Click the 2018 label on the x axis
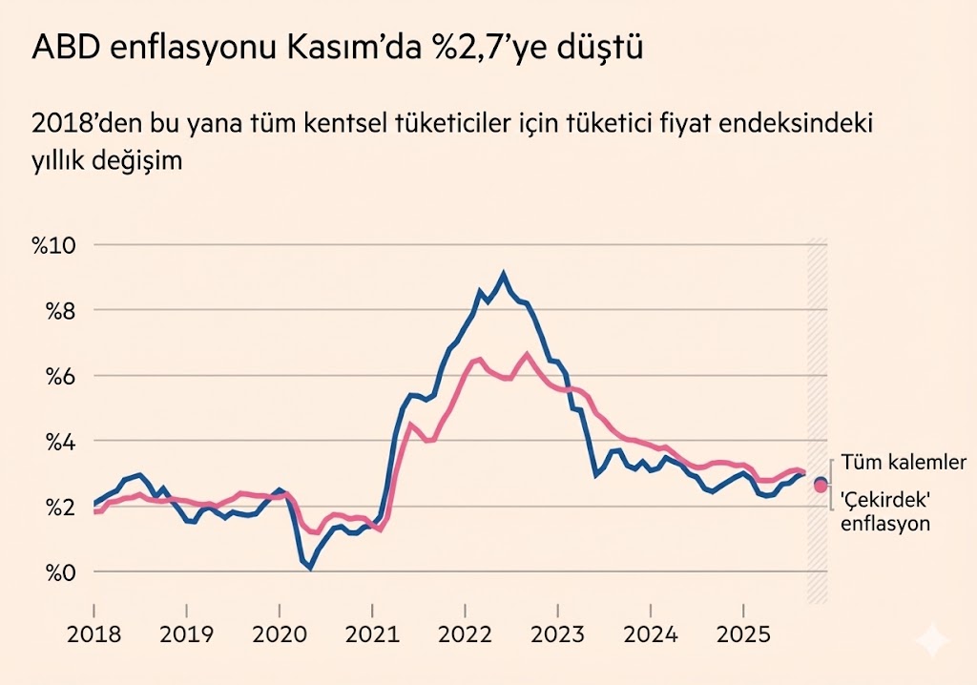(94, 633)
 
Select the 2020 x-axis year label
(280, 633)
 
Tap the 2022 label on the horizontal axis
(465, 633)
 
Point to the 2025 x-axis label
(743, 633)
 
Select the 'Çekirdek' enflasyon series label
(884, 511)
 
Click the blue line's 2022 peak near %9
(504, 274)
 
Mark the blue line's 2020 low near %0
(310, 567)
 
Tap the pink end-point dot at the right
(821, 487)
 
